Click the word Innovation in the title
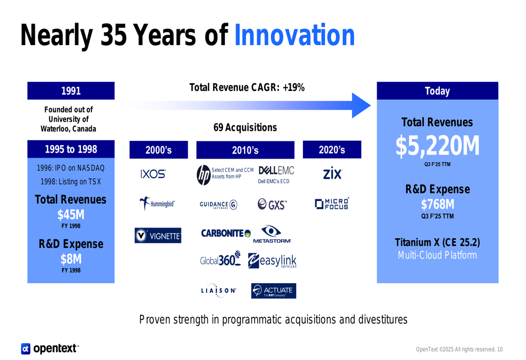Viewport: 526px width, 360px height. (x=294, y=36)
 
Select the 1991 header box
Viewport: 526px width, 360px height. (x=71, y=91)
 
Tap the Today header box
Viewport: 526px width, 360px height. (x=437, y=91)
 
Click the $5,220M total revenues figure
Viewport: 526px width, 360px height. (x=437, y=147)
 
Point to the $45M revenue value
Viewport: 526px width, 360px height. (x=71, y=214)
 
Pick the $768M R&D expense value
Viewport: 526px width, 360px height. (x=437, y=204)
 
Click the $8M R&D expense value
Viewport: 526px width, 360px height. (x=71, y=259)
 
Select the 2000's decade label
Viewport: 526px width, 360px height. (x=158, y=150)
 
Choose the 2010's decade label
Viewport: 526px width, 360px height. (x=245, y=150)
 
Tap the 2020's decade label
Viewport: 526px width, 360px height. (x=332, y=150)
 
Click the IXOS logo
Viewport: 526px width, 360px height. (x=153, y=174)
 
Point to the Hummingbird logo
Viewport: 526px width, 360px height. (x=157, y=204)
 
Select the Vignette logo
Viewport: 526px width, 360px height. (x=158, y=236)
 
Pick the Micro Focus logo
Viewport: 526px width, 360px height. (x=332, y=204)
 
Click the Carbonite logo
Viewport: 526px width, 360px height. (x=226, y=233)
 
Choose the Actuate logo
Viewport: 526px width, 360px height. (x=273, y=291)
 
